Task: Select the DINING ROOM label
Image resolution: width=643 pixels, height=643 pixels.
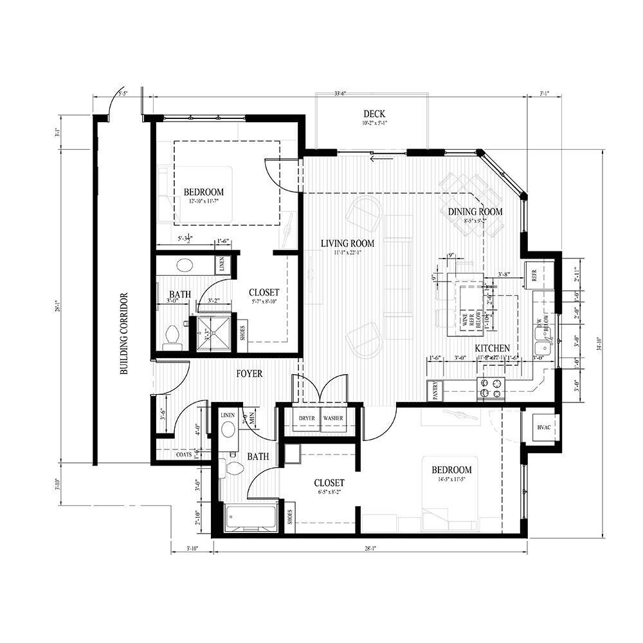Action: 475,212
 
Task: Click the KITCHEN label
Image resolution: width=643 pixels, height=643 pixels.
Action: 493,348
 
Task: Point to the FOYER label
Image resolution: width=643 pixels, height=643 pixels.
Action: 249,374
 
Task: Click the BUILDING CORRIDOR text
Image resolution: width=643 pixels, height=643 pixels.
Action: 123,334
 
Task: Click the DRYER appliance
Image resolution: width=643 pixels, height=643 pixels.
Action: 307,419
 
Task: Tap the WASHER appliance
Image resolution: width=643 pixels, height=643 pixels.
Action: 333,419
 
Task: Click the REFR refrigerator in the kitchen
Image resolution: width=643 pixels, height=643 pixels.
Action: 534,273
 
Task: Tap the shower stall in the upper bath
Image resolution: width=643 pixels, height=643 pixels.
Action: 212,331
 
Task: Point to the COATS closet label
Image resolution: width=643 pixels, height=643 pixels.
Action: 183,455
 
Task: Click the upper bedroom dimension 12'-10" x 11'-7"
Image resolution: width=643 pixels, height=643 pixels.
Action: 203,201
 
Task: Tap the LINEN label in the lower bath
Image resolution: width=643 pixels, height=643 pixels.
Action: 228,416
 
